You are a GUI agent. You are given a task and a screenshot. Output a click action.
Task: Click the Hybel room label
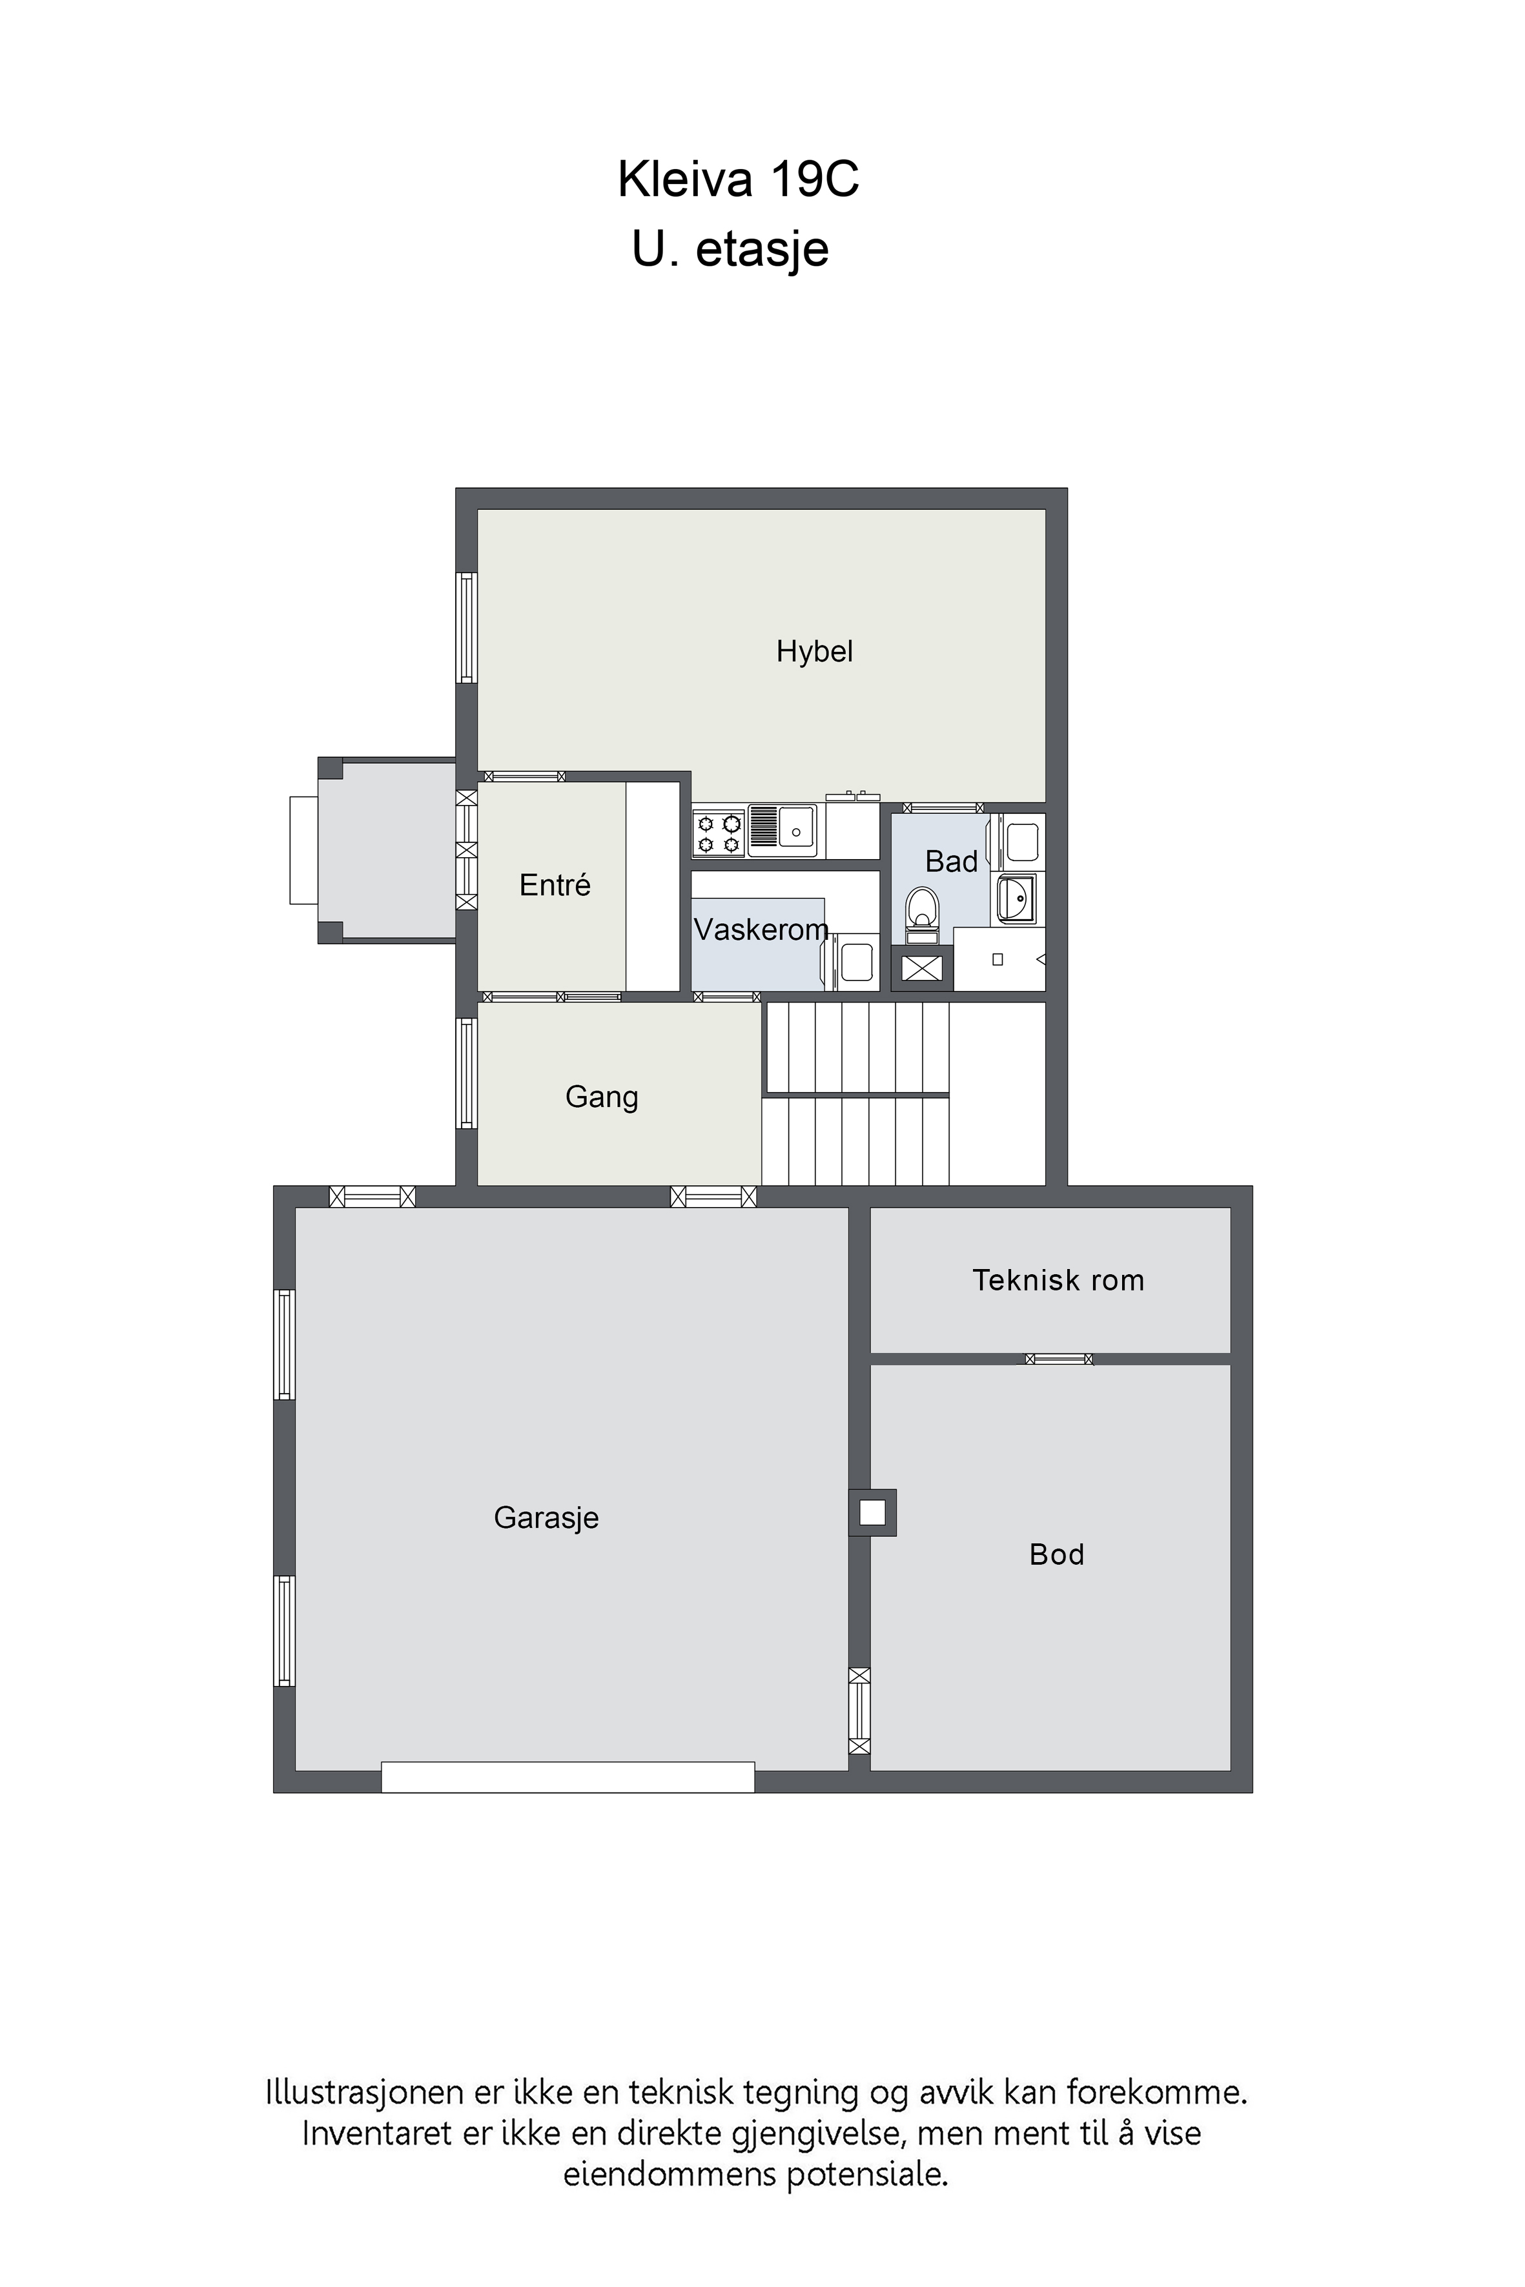pos(814,651)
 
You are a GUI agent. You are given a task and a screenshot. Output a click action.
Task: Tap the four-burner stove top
pos(719,833)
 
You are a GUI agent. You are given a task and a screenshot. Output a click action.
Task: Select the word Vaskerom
pos(761,931)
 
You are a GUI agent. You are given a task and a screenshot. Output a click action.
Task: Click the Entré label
pos(555,885)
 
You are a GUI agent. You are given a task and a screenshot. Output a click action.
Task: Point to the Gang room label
pos(601,1098)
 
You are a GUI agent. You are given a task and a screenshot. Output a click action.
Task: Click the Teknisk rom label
pos(1058,1281)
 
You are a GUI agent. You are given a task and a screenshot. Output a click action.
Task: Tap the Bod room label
pos(1056,1555)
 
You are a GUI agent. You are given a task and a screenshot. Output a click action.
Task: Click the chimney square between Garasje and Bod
pos(872,1513)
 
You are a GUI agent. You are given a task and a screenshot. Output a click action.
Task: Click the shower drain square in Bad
pos(997,960)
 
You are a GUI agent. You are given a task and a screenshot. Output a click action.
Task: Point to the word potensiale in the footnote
pos(866,2174)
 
